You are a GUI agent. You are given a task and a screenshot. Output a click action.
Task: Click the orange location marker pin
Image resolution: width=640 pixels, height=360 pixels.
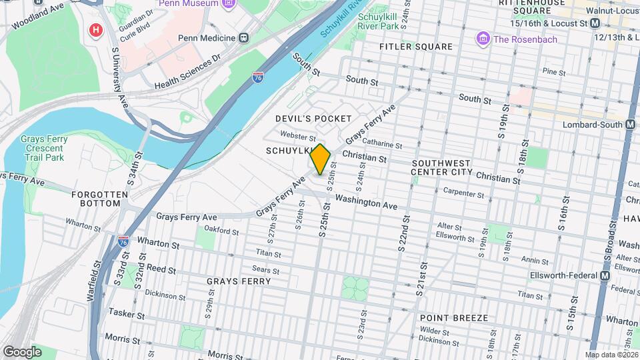click(320, 159)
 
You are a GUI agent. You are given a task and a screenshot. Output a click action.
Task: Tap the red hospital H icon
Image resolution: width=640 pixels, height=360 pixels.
click(97, 30)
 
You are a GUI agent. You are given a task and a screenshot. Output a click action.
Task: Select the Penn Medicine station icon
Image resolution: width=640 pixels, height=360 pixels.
click(244, 39)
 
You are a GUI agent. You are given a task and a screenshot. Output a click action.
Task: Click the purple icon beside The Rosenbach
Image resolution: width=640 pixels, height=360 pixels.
click(482, 39)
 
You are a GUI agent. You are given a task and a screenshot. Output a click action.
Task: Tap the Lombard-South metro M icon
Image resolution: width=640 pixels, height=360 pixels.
click(630, 124)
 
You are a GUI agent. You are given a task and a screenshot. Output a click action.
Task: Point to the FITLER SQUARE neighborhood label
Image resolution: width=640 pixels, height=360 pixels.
click(416, 47)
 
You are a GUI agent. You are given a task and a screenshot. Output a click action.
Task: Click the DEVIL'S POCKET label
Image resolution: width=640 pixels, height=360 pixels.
click(313, 119)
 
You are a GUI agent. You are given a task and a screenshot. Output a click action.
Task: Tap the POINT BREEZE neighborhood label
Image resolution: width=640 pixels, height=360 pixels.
click(454, 318)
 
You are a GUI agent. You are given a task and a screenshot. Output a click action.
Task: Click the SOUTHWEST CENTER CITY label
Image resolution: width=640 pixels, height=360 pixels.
click(441, 167)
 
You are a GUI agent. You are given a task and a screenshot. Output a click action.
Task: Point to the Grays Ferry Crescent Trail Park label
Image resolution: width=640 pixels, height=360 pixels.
click(42, 148)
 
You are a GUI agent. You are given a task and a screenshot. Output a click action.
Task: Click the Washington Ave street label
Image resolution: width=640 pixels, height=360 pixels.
click(366, 201)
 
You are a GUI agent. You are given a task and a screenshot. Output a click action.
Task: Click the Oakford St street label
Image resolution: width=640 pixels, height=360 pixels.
click(221, 231)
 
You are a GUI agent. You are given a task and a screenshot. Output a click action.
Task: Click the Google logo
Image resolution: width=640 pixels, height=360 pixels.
click(22, 351)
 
